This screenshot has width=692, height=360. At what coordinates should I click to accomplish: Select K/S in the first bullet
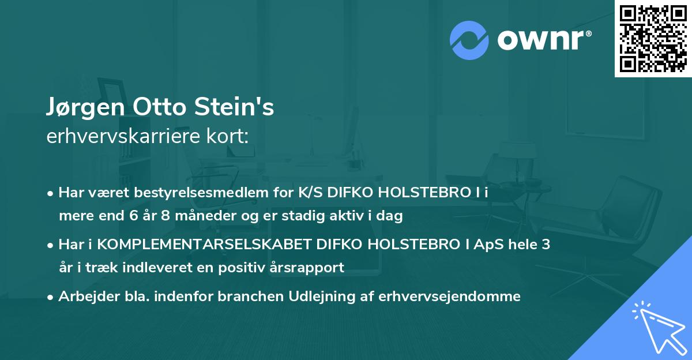311,193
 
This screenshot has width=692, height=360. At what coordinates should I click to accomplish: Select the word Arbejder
84,296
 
